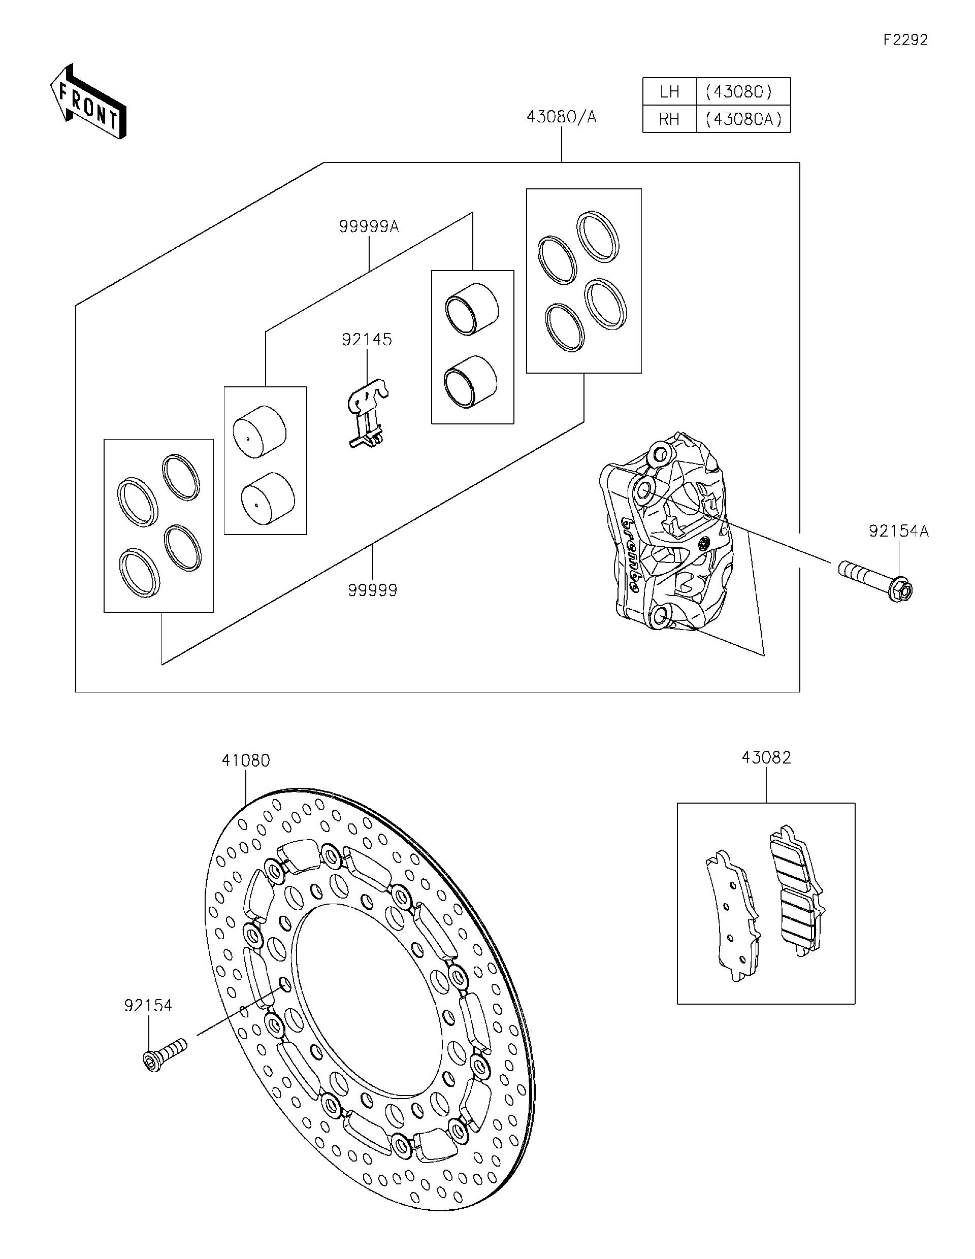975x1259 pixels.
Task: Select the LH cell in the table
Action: coord(669,92)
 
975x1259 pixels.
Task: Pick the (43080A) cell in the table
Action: coord(743,119)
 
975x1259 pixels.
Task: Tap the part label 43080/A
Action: coord(561,117)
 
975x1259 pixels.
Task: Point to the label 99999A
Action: coord(369,226)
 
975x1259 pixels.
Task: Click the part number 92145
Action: coord(367,340)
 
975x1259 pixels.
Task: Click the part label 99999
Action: coord(372,590)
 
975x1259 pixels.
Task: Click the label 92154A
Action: coord(899,531)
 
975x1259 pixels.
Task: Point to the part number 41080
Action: coord(246,760)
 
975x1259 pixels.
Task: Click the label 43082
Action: coord(766,757)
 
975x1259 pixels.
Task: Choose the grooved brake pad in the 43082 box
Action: coord(797,892)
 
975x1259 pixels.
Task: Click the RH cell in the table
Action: coord(669,119)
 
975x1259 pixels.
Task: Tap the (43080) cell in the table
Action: coord(743,92)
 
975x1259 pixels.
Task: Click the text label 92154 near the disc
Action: coord(148,1005)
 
